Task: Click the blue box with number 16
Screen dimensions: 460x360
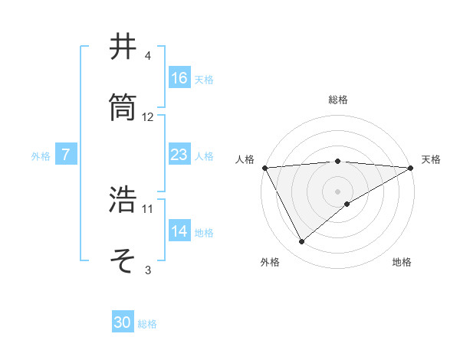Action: pos(179,78)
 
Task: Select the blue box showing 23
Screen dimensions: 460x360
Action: pos(179,155)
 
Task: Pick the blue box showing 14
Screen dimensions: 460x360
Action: pos(179,232)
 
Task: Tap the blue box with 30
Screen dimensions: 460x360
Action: pos(123,323)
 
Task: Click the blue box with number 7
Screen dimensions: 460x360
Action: pos(66,155)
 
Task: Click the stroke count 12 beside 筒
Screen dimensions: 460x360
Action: pos(148,117)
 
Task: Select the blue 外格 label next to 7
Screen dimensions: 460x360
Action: pos(41,156)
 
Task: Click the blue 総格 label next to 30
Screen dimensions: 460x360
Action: pos(147,324)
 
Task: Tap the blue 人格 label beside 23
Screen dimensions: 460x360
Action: pos(204,156)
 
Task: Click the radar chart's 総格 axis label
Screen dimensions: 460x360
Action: pos(338,100)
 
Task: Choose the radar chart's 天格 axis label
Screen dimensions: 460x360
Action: pos(432,159)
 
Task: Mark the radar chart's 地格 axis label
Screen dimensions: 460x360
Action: pos(402,263)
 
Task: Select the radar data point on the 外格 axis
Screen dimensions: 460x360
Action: pos(302,242)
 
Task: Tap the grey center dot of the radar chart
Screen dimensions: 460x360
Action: pos(338,191)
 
